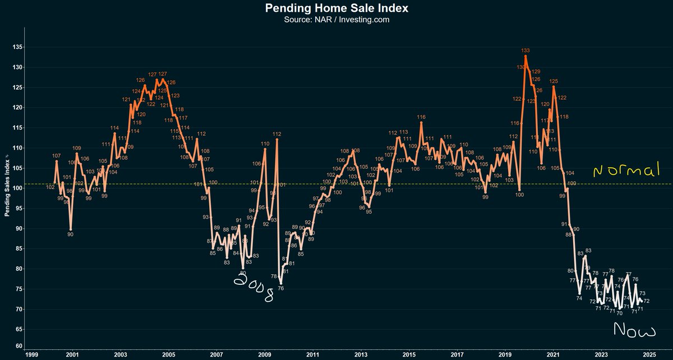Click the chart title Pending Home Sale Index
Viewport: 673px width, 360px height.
pos(336,8)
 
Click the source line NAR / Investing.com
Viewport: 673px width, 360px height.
pos(336,20)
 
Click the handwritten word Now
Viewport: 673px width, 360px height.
pos(634,330)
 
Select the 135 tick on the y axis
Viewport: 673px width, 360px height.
pos(18,47)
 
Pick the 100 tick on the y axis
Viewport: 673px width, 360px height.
pos(18,188)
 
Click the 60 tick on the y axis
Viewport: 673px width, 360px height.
pos(19,346)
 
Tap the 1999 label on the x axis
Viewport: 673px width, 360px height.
pos(33,354)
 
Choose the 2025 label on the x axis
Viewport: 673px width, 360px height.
pos(649,354)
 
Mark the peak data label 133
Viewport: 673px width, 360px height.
pos(526,51)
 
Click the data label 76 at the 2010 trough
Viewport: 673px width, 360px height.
pos(280,288)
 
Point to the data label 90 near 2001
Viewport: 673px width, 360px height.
pos(71,234)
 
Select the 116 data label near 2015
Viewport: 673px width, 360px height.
pos(421,117)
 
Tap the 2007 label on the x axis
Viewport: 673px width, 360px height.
pos(216,354)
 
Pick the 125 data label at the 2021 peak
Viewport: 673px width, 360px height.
pos(554,81)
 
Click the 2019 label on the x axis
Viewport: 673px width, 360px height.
pos(505,354)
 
